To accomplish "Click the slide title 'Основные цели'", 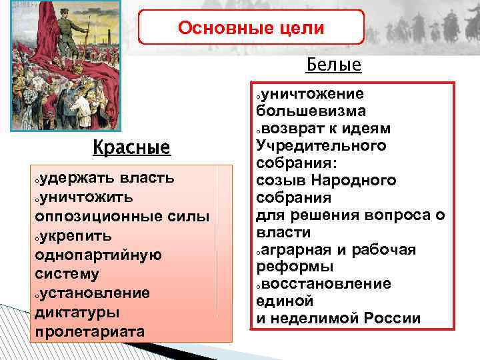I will click(x=251, y=28).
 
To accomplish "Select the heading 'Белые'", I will click(x=333, y=65).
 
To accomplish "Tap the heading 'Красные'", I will click(x=131, y=146).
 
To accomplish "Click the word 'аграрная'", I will click(x=299, y=249).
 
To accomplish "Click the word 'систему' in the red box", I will click(x=66, y=274).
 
